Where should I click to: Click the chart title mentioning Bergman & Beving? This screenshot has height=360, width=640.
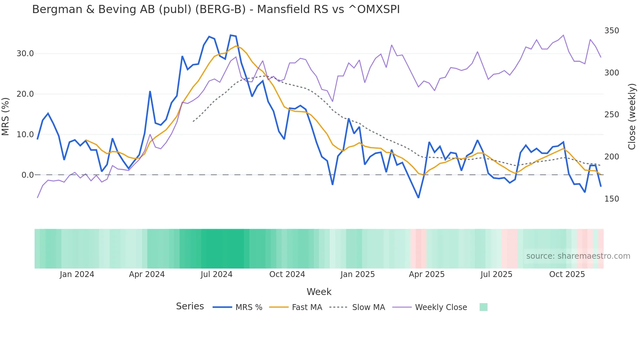tap(216, 9)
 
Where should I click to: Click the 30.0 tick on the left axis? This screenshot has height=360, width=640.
tap(25, 54)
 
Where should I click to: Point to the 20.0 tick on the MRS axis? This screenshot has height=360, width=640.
tap(25, 94)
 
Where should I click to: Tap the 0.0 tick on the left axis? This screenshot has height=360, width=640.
tap(27, 175)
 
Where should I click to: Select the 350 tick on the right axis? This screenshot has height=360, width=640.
tap(612, 31)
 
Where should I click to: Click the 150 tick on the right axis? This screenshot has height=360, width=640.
tap(612, 199)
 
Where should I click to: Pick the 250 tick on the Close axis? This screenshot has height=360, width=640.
tap(612, 115)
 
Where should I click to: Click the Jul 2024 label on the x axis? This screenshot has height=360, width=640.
tap(216, 274)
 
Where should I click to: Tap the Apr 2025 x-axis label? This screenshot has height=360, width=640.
tap(426, 274)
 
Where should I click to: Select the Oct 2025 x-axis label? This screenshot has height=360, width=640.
tap(567, 274)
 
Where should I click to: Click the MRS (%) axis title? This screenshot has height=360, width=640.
tap(6, 116)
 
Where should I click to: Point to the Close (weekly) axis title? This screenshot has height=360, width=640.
tap(632, 117)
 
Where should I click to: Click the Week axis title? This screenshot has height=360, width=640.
tap(319, 292)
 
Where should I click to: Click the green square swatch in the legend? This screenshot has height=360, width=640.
tap(483, 307)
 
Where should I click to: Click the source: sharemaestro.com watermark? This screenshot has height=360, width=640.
tap(578, 256)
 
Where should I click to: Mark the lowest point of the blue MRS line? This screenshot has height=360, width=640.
tap(418, 198)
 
